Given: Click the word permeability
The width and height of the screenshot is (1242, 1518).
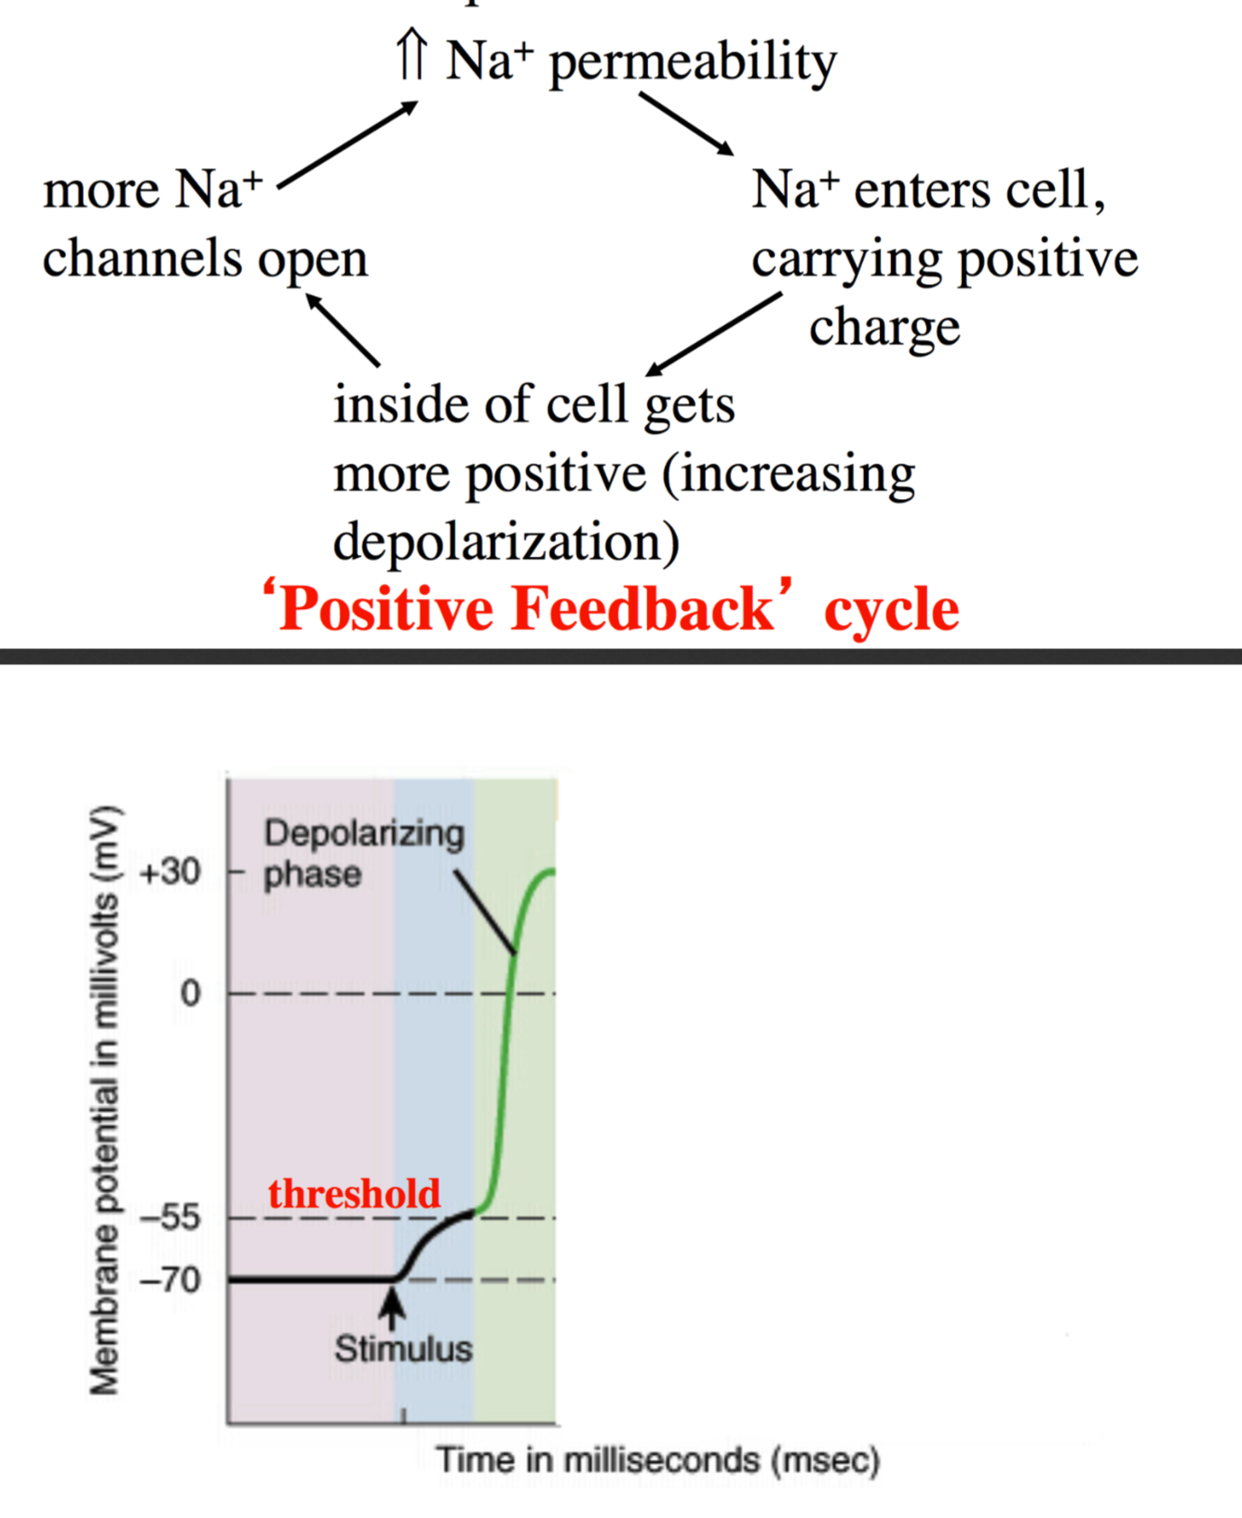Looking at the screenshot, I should click(x=693, y=63).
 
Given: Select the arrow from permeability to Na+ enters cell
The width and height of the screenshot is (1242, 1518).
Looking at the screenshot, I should click(x=686, y=123).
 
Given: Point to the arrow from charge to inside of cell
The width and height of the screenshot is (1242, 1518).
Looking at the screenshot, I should click(x=714, y=333).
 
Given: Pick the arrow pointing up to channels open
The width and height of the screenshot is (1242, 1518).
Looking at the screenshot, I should click(x=343, y=330).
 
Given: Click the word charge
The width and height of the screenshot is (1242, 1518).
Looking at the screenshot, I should click(x=884, y=328).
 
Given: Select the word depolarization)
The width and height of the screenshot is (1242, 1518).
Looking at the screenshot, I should click(x=506, y=542).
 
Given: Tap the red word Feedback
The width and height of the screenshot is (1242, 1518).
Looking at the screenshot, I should click(x=642, y=610).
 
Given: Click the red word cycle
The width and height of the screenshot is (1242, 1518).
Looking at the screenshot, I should click(x=891, y=612).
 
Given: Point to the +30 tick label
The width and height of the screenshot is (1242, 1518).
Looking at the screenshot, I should click(x=169, y=873).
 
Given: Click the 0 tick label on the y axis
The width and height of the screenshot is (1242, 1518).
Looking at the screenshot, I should click(x=190, y=994).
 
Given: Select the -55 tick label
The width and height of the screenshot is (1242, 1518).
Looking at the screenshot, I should click(x=169, y=1217).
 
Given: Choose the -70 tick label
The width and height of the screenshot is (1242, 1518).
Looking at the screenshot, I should click(x=169, y=1281).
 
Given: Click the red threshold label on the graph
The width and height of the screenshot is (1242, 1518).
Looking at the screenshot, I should click(x=354, y=1194).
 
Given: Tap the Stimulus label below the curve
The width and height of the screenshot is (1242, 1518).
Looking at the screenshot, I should click(x=403, y=1349).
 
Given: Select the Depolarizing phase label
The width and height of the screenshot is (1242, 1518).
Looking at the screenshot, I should click(x=363, y=853).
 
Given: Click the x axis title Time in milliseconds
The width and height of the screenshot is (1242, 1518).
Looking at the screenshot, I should click(x=657, y=1460).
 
